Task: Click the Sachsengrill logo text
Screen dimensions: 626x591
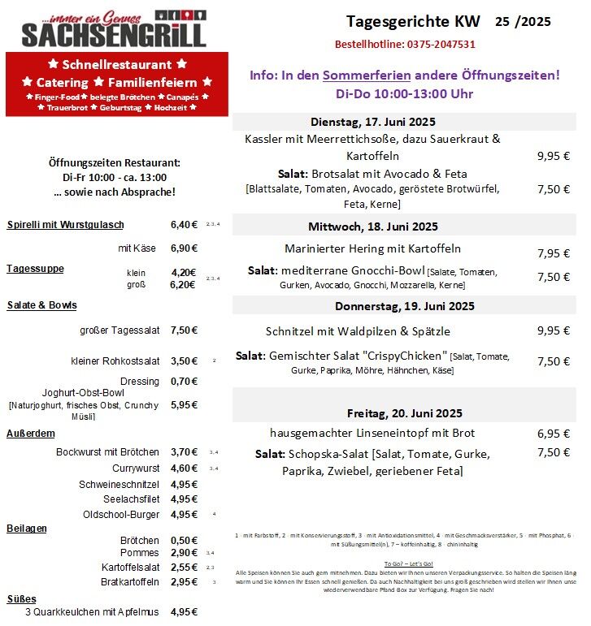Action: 114,34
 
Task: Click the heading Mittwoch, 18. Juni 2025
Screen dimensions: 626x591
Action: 373,226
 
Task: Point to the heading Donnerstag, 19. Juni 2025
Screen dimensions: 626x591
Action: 404,306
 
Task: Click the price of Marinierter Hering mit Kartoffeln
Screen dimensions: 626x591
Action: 553,253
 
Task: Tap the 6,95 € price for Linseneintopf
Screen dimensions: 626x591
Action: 553,434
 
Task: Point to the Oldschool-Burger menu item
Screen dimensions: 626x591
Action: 121,515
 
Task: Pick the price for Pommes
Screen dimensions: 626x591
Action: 184,552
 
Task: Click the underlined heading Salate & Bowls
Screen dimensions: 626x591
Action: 41,305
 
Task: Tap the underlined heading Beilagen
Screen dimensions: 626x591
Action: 27,529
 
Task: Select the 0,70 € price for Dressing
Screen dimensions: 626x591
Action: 184,381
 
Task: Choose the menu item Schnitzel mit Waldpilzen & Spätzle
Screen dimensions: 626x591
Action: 358,331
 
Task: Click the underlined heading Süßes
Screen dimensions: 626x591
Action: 23,598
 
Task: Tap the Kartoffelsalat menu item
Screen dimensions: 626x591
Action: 130,567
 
